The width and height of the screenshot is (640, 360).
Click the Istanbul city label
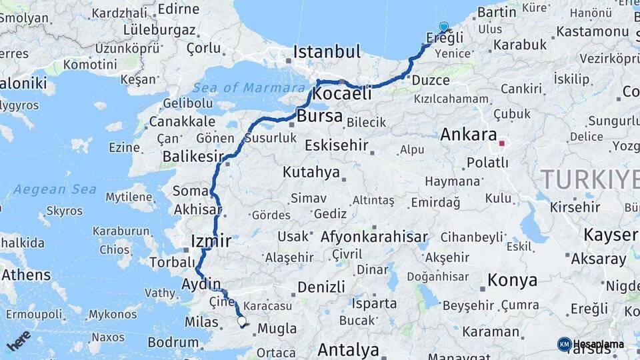327,51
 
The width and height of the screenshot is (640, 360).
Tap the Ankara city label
469,134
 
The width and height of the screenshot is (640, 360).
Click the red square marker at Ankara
501,143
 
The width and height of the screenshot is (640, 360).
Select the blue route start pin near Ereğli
443,27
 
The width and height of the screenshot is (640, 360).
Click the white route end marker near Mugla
242,321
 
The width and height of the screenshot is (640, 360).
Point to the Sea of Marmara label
249,87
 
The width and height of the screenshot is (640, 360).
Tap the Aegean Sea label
55,189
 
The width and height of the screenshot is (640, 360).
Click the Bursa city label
320,117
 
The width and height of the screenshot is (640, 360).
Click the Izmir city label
211,240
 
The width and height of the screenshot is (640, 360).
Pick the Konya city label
512,279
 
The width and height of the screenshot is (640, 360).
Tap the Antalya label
348,349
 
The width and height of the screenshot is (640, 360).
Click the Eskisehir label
345,145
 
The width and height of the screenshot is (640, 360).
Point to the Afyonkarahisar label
374,237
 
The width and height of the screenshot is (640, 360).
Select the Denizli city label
321,287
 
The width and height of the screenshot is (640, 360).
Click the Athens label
25,275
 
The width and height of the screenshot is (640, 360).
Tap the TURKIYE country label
589,179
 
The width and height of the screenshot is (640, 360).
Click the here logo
19,341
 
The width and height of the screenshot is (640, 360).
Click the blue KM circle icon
564,344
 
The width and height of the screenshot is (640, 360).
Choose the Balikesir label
193,157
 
